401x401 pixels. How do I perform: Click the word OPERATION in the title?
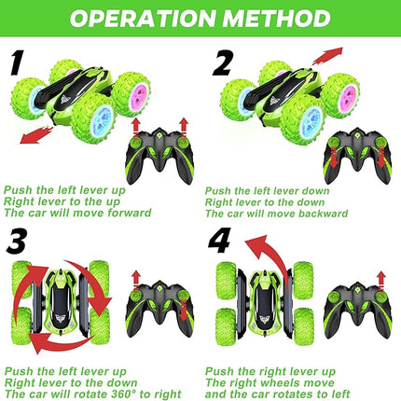pos(139,19)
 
